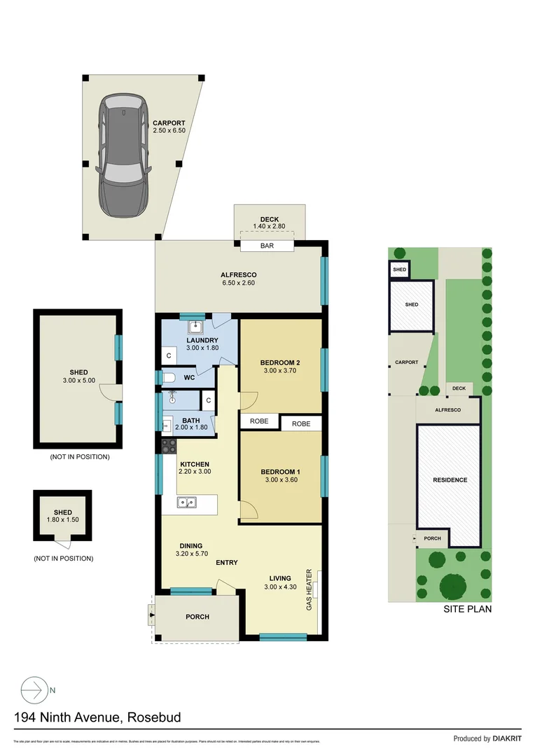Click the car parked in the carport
122,155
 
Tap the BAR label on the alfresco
267,246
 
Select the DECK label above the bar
270,218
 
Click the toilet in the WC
169,377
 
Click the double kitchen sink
187,501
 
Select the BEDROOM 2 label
280,363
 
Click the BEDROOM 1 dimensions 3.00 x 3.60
280,479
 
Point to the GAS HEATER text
309,589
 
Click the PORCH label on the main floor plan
197,617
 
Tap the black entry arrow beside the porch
151,617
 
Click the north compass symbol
32,689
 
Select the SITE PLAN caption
468,609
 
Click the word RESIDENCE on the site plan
450,480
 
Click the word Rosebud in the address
153,717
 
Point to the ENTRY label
227,563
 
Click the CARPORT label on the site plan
406,363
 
